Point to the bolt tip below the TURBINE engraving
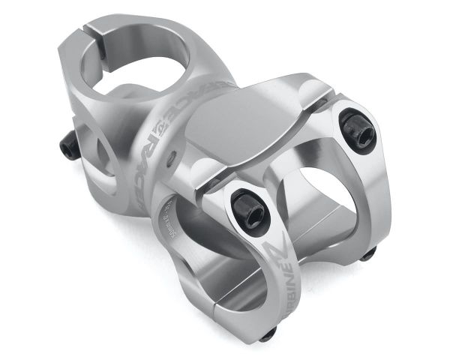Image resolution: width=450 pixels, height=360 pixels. tap(268, 331)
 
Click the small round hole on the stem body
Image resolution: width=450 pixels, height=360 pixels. tap(174, 159)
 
